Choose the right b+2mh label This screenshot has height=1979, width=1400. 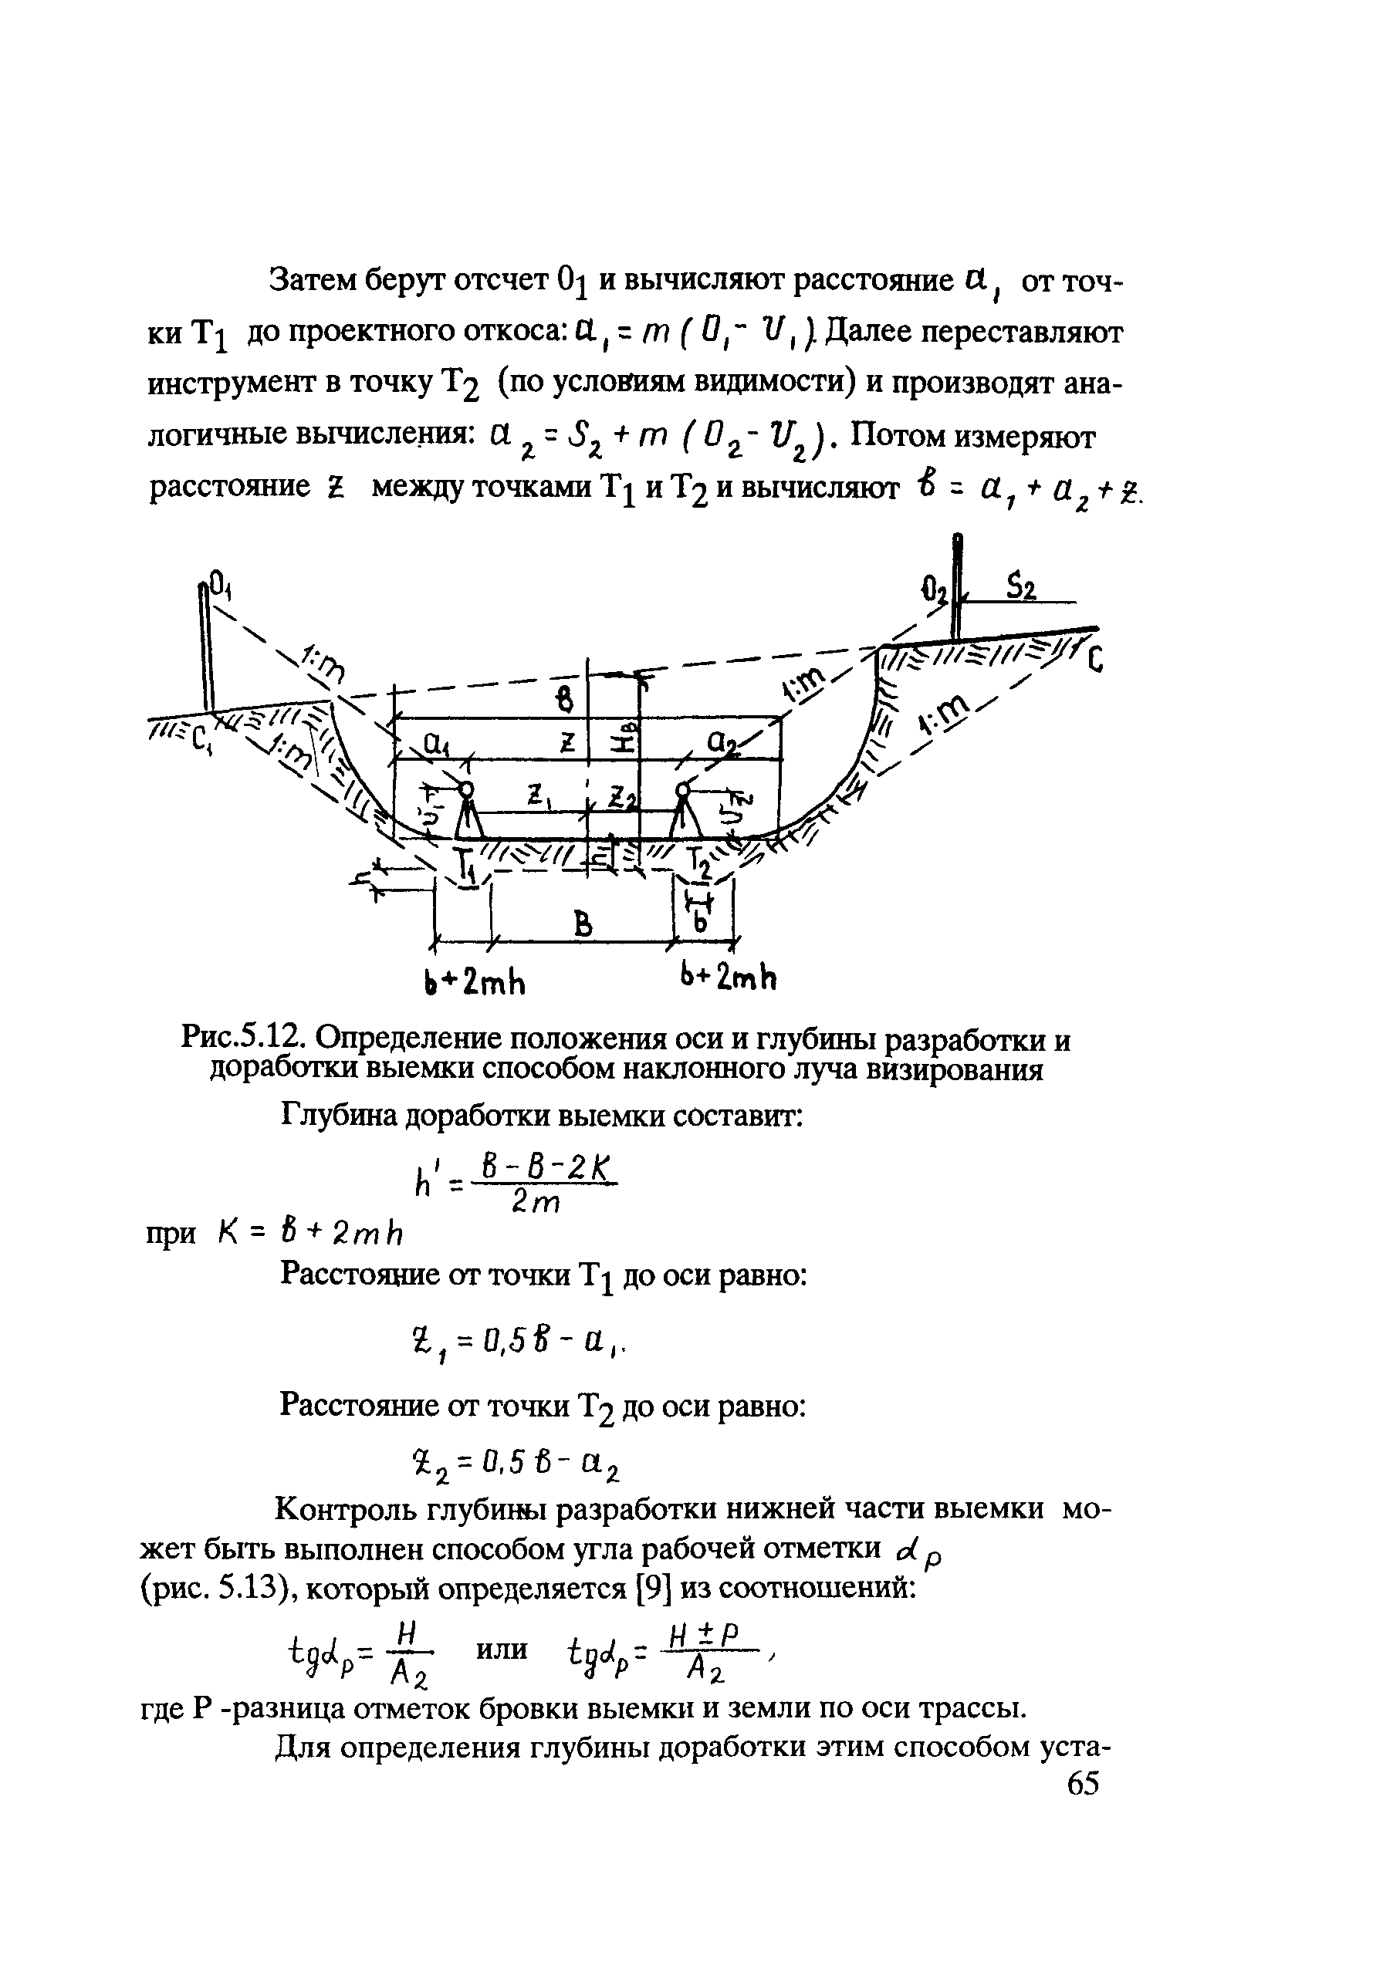[x=729, y=978]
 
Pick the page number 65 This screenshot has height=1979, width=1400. [x=1083, y=1783]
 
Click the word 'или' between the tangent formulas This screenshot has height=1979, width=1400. [x=501, y=1648]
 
